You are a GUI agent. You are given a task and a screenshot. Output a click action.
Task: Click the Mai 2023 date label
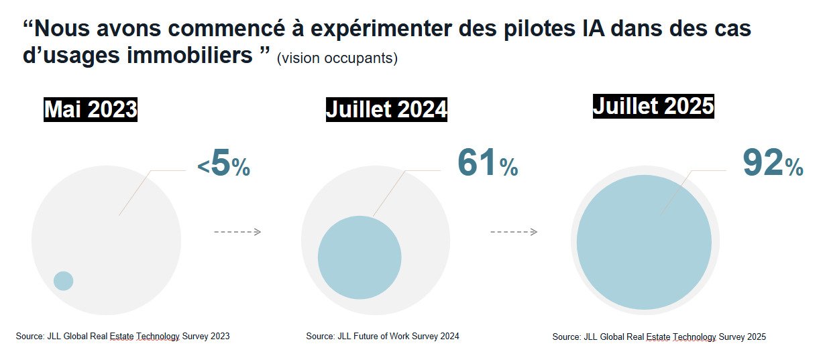pyautogui.click(x=91, y=109)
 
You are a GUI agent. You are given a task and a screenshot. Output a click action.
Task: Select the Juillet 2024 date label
pyautogui.click(x=386, y=109)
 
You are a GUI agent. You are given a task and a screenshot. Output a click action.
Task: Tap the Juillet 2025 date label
pyautogui.click(x=653, y=106)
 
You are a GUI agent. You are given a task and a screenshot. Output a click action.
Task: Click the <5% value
pyautogui.click(x=224, y=166)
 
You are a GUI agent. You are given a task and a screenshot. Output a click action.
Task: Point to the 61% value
pyautogui.click(x=488, y=164)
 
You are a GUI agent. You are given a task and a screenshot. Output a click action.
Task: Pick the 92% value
pyautogui.click(x=773, y=164)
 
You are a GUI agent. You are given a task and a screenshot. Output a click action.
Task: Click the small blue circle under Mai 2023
pyautogui.click(x=63, y=281)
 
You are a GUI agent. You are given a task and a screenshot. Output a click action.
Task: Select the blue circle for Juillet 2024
pyautogui.click(x=360, y=257)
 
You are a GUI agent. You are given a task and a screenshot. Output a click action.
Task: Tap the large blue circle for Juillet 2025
pyautogui.click(x=644, y=242)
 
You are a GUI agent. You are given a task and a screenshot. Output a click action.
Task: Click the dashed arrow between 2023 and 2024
pyautogui.click(x=237, y=232)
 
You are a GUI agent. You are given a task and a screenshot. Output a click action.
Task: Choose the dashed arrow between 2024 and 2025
pyautogui.click(x=514, y=232)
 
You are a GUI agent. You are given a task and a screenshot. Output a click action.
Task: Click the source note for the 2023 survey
pyautogui.click(x=123, y=336)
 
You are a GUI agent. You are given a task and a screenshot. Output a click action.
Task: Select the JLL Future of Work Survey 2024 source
pyautogui.click(x=382, y=336)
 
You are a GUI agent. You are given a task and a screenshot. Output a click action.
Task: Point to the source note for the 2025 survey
pyautogui.click(x=659, y=337)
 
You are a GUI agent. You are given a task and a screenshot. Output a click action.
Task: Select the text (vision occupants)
pyautogui.click(x=337, y=58)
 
